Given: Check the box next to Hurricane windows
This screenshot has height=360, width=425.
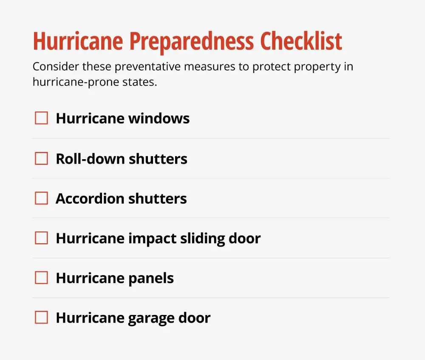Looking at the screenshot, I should (x=41, y=118).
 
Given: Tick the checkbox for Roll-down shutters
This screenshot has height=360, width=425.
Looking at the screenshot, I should (x=41, y=159).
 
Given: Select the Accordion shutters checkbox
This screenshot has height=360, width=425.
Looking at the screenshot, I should (x=41, y=198).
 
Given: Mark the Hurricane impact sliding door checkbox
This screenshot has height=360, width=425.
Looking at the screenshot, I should (x=41, y=238).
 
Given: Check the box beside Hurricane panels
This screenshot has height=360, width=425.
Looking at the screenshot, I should (x=41, y=278).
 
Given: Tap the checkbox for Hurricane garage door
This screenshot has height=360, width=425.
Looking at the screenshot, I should (x=41, y=318).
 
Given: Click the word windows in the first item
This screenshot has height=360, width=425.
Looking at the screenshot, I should (x=159, y=118).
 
